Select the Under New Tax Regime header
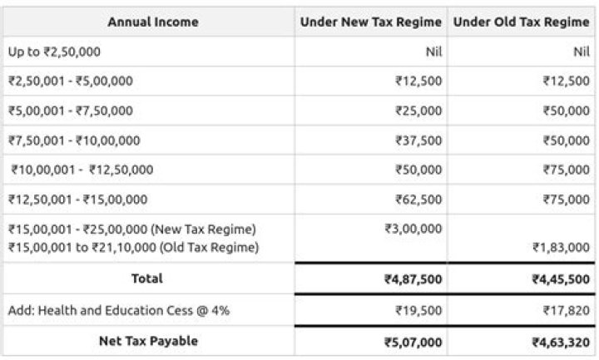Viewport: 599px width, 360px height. point(371,22)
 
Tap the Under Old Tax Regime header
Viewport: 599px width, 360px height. point(521,22)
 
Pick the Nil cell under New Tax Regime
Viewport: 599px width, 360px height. point(433,52)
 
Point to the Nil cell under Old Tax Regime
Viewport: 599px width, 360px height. point(581,52)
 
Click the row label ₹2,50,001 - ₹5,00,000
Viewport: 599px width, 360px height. point(71,81)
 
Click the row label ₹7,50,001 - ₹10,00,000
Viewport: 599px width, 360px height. point(74,141)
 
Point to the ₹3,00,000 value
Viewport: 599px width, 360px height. point(413,229)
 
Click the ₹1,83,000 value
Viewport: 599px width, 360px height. point(562,247)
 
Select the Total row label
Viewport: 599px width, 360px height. point(147,278)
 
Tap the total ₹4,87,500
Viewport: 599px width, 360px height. point(413,279)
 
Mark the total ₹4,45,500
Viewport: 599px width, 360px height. point(561,279)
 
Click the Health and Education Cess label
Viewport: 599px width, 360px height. point(119,310)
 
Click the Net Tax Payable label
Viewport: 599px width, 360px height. point(148,341)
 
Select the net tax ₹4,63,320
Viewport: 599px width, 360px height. point(561,342)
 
